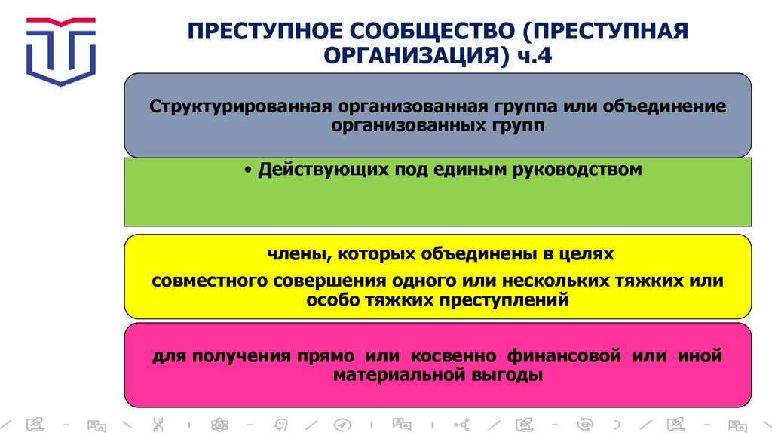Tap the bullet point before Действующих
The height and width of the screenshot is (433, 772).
click(x=248, y=170)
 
